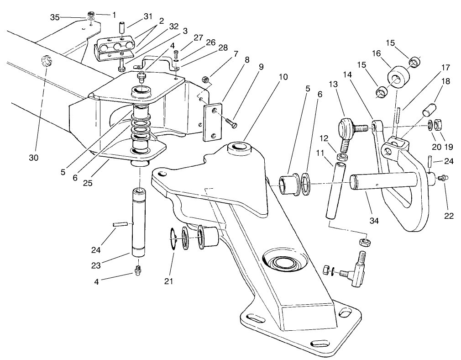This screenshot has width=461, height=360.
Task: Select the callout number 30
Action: [x=33, y=158]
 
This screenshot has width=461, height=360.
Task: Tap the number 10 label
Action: [x=283, y=77]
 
